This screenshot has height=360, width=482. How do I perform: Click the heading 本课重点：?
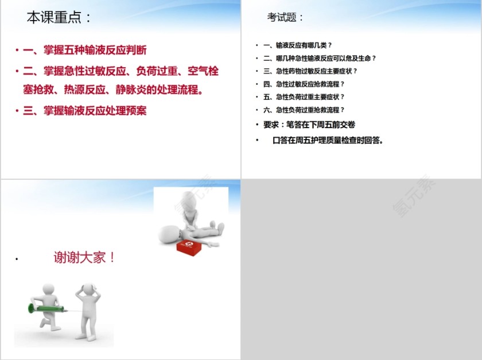pyautogui.click(x=59, y=18)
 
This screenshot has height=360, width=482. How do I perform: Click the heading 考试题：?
pyautogui.click(x=285, y=18)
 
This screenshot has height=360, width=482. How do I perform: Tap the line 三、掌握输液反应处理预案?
pyautogui.click(x=85, y=111)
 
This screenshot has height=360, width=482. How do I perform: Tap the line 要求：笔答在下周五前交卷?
pyautogui.click(x=309, y=125)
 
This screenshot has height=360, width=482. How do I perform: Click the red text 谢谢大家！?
pyautogui.click(x=85, y=257)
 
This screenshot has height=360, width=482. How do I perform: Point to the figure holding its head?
pyautogui.click(x=88, y=310)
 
